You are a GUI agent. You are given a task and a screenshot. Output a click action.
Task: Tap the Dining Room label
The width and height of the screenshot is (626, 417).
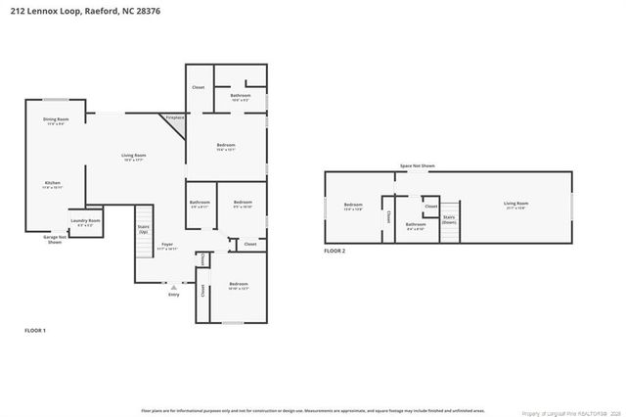[55, 121]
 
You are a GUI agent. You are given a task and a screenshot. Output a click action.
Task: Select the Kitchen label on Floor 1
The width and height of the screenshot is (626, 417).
[52, 184]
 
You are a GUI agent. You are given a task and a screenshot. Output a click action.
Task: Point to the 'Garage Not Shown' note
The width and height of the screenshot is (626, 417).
[55, 239]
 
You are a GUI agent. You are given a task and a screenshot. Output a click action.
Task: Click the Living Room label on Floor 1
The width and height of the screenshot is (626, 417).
[133, 157]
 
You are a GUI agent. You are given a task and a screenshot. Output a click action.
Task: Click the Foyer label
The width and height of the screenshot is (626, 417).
[167, 247]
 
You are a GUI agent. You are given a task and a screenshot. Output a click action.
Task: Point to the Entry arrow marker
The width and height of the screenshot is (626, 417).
[173, 287]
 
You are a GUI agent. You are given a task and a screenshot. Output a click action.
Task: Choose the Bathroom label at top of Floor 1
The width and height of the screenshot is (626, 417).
[240, 97]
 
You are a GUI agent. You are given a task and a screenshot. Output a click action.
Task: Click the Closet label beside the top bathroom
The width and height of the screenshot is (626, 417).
[198, 87]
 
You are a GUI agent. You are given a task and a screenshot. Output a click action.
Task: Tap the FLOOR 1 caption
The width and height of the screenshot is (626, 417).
[35, 331]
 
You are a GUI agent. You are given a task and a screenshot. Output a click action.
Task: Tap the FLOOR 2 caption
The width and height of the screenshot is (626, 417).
[335, 252]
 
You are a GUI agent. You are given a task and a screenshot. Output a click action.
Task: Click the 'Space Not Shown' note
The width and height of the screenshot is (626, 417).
[417, 166]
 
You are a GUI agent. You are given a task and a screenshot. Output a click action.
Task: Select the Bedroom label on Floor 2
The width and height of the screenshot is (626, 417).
[353, 206]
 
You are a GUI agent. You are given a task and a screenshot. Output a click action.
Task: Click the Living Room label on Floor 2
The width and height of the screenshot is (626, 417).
[514, 205]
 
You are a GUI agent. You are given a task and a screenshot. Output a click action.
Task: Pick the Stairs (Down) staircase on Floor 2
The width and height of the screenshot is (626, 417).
[449, 219]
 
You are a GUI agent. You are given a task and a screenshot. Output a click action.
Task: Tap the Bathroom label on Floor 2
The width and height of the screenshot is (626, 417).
[416, 226]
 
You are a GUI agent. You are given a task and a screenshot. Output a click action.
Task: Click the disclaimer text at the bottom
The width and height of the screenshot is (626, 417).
[313, 409]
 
